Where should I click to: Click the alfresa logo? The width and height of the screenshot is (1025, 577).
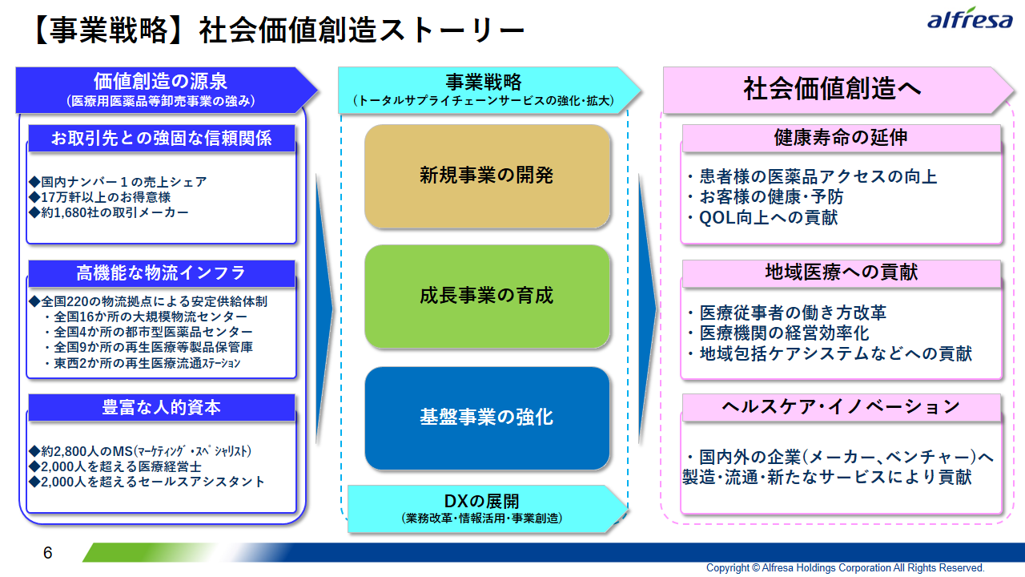click(970, 18)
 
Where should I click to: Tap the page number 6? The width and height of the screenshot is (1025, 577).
click(47, 553)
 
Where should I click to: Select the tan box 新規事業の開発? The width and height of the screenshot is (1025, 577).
click(488, 176)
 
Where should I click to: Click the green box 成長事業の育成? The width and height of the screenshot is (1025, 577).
click(488, 297)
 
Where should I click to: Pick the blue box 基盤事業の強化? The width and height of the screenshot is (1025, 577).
click(488, 418)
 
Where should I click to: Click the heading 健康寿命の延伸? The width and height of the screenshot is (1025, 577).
click(841, 137)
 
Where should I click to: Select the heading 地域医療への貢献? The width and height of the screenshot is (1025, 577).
click(841, 272)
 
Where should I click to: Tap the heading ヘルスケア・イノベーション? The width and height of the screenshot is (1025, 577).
click(841, 406)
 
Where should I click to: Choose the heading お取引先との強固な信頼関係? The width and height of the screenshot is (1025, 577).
click(162, 138)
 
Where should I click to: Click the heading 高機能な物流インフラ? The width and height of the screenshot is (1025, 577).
click(162, 273)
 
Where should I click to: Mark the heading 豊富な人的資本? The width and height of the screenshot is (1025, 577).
click(162, 407)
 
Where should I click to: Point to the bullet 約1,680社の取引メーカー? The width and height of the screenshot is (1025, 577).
click(108, 212)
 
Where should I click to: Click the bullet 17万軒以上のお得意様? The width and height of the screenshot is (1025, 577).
click(100, 197)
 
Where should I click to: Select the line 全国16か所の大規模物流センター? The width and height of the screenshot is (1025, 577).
click(147, 317)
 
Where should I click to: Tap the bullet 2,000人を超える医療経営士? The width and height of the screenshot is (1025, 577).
click(115, 466)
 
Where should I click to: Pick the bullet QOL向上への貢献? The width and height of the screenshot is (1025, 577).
click(763, 217)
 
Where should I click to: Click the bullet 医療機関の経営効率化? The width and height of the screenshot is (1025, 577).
click(778, 333)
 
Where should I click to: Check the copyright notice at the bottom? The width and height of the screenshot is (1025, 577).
click(845, 568)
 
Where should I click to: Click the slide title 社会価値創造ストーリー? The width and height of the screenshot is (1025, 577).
click(361, 30)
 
